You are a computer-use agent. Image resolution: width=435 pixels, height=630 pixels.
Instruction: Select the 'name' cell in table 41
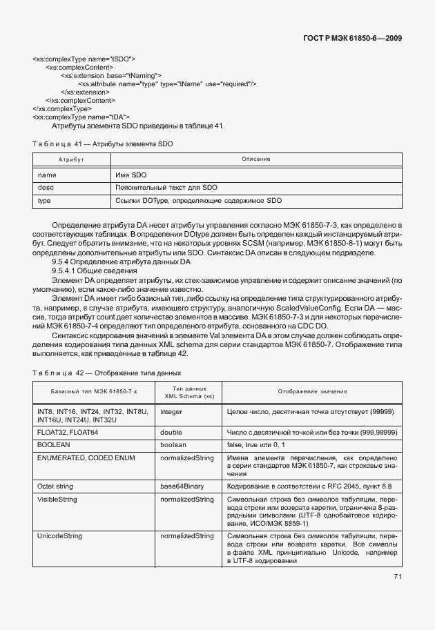click(47, 175)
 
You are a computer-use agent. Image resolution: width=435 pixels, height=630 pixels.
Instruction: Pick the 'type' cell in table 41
click(44, 201)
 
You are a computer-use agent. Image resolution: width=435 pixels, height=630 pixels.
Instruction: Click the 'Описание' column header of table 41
click(255, 159)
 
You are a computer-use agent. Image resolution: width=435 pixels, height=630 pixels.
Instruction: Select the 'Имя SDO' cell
click(130, 175)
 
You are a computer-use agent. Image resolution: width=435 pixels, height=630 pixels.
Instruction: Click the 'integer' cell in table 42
click(172, 411)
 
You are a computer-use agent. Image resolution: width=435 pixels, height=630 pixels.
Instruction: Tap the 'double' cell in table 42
click(171, 432)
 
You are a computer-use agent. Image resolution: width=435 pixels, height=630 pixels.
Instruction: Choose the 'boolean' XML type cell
click(173, 445)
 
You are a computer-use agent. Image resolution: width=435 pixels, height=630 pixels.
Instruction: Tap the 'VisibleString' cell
click(57, 499)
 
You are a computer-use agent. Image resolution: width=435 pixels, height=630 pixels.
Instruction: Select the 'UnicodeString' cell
click(60, 535)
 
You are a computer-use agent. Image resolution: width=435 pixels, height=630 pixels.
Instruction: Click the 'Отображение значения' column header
click(312, 391)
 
